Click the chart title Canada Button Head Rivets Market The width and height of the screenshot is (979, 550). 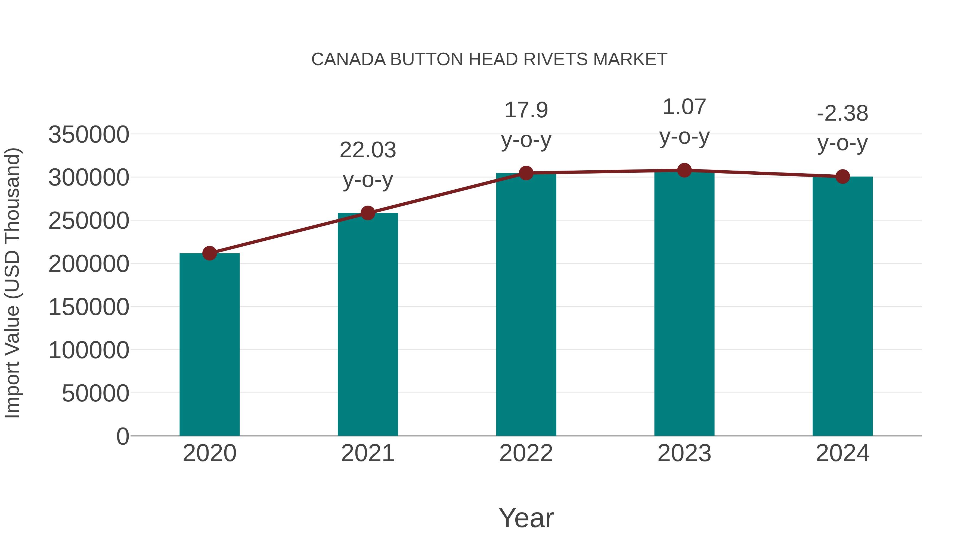(489, 59)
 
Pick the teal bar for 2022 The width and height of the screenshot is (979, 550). (526, 304)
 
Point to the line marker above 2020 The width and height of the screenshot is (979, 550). (209, 253)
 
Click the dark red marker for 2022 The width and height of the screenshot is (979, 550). (526, 173)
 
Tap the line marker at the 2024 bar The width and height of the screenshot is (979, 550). (842, 177)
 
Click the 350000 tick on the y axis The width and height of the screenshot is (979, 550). (89, 134)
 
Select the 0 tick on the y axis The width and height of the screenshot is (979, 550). (122, 436)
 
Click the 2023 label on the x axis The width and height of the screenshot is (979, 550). (684, 453)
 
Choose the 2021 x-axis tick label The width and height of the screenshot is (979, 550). (367, 453)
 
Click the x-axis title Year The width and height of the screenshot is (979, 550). (526, 518)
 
